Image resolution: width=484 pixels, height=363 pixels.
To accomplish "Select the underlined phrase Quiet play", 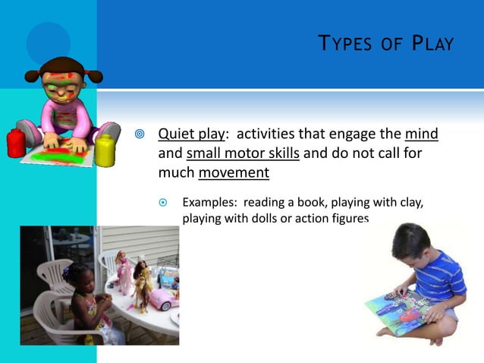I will (x=191, y=134).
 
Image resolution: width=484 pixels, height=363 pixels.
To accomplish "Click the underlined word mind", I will (x=422, y=134).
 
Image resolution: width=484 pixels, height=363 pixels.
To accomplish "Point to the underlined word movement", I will (x=234, y=172).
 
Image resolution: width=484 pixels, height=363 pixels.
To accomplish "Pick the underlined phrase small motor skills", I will (x=243, y=153).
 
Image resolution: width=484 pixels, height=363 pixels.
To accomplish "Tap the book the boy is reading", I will (x=398, y=311).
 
